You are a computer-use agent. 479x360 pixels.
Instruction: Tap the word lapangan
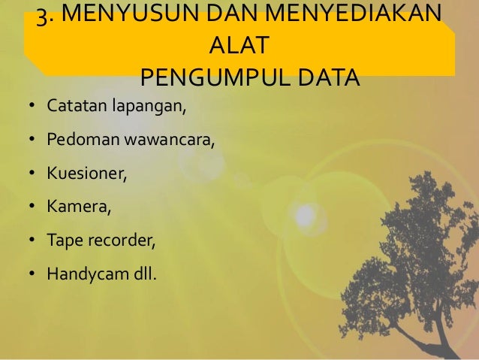[148, 107]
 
